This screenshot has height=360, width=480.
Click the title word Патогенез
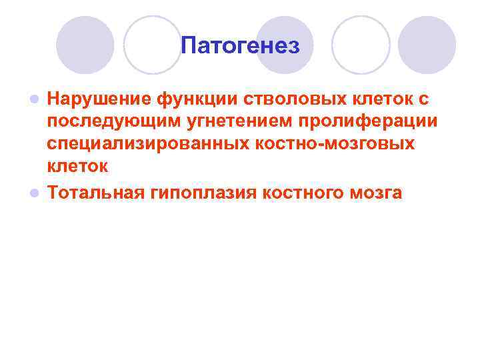240,46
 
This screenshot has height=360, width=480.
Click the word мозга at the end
377,193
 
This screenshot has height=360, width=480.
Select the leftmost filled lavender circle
85,45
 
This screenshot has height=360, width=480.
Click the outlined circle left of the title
153,45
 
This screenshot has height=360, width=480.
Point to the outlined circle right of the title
361,45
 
